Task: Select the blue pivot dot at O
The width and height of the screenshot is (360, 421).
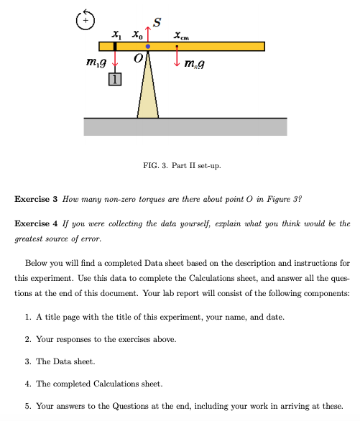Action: point(148,47)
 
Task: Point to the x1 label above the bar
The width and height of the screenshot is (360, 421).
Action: point(116,34)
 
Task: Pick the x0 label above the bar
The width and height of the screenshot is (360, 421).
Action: point(137,34)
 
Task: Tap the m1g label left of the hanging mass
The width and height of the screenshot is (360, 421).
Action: point(96,66)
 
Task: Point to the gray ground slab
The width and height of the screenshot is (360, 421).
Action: point(185,126)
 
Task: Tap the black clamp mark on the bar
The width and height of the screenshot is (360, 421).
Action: point(115,47)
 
